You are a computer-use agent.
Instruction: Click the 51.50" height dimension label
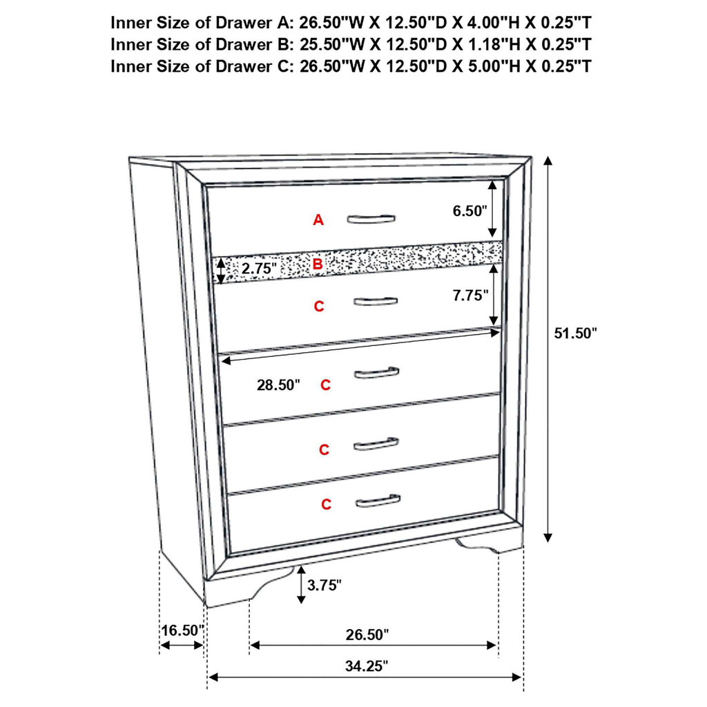pos(575,333)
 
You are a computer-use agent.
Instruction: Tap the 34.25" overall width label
pos(366,666)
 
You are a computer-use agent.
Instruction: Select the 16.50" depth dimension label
pos(183,630)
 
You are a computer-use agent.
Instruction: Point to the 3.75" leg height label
pos(325,586)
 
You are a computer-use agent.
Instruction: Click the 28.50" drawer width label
pos(279,385)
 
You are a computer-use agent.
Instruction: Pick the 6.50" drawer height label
pos(471,211)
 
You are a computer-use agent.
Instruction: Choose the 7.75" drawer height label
pos(471,295)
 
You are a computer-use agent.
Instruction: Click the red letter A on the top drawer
pos(318,220)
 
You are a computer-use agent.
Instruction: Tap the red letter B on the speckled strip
pos(317,264)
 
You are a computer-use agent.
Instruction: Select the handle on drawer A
pos(371,219)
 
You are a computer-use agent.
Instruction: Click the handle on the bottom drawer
pos(378,500)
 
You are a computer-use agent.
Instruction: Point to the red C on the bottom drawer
pos(326,505)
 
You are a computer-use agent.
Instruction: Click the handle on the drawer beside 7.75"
pos(375,302)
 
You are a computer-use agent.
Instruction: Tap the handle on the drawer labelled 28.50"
pos(376,373)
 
